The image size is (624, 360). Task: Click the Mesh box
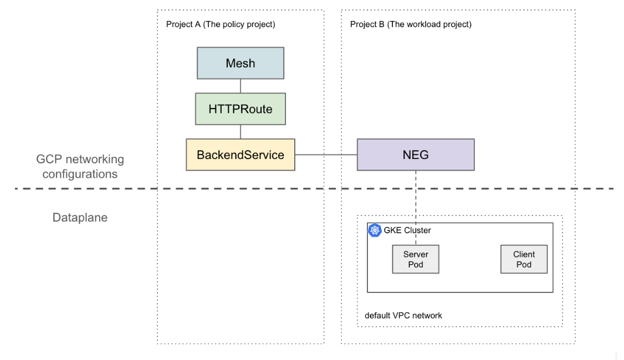click(x=241, y=63)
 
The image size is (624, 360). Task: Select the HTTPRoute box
click(x=241, y=109)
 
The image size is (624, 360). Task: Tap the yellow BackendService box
click(x=241, y=155)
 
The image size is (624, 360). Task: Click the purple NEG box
click(x=416, y=155)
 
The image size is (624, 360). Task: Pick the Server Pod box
click(x=416, y=259)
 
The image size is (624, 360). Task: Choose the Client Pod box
click(x=524, y=259)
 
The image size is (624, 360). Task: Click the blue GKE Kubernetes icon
click(x=375, y=230)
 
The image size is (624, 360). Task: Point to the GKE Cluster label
click(x=407, y=230)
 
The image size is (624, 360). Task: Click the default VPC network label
click(x=403, y=315)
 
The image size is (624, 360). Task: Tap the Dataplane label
click(x=80, y=218)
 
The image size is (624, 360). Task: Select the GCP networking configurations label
click(x=80, y=167)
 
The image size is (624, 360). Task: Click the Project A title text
click(x=221, y=24)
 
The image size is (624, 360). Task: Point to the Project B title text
click(x=411, y=24)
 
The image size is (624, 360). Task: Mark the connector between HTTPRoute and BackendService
click(x=241, y=131)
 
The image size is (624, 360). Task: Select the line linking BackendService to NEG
click(x=326, y=155)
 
